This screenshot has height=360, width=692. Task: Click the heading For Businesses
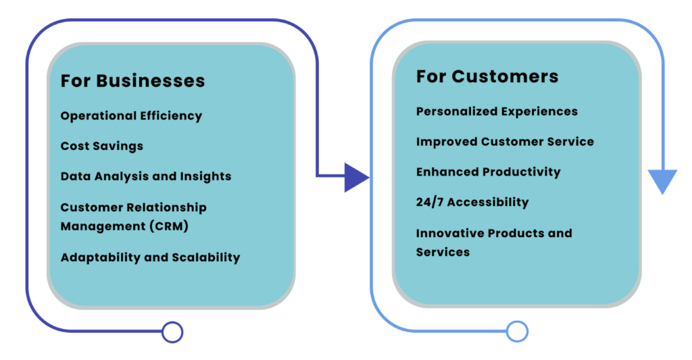point(132,81)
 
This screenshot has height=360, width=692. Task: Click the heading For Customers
point(487,76)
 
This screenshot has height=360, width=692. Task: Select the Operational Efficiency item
point(131,115)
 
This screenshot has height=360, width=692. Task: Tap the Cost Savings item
point(101,146)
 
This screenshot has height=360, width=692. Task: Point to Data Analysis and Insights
point(145,176)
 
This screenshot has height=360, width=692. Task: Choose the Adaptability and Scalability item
point(150,257)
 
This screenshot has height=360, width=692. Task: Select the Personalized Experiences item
point(497,111)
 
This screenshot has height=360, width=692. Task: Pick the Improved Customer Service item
point(505,142)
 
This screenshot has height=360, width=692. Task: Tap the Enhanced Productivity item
point(488,172)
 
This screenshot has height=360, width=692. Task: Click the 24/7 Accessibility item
point(472,202)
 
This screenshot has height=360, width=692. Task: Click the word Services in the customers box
point(443,252)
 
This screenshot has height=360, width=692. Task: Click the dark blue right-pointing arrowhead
point(355,177)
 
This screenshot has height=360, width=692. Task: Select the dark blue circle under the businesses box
point(172,332)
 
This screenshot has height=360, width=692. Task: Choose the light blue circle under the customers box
point(517,331)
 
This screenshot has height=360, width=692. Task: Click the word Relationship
point(166,207)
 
